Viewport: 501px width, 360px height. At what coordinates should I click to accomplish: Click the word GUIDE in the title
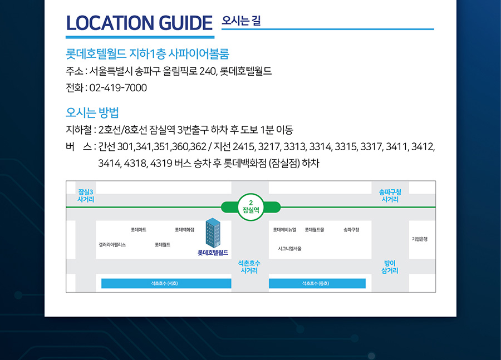click(185, 23)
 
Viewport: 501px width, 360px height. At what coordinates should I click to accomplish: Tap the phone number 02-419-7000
click(118, 88)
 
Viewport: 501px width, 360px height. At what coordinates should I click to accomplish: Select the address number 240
click(208, 71)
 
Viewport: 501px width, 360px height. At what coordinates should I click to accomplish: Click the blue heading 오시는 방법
click(92, 112)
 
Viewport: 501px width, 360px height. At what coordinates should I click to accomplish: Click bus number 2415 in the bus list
click(244, 147)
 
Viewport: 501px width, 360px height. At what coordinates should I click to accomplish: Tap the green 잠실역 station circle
click(251, 207)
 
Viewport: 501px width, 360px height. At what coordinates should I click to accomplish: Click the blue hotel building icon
click(213, 233)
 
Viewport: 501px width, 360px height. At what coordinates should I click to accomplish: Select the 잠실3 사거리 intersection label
click(86, 195)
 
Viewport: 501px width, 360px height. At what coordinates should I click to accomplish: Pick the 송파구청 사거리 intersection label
click(390, 195)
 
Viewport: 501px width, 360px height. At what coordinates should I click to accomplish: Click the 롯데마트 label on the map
click(139, 230)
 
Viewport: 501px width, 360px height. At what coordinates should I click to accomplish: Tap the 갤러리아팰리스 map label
click(112, 245)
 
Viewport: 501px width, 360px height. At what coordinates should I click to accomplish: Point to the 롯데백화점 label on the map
click(184, 230)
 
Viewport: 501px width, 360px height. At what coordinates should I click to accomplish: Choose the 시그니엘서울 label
click(289, 249)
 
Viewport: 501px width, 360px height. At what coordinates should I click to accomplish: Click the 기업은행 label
click(420, 239)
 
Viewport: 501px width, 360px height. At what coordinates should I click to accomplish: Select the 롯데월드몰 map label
click(315, 230)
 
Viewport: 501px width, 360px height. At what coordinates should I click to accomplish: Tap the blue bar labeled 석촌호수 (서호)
click(166, 283)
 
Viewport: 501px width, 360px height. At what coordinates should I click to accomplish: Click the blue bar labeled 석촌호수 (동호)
click(317, 283)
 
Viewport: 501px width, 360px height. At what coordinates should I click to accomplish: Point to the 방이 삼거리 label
click(390, 267)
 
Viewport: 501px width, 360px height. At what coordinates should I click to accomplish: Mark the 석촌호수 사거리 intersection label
click(249, 267)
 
